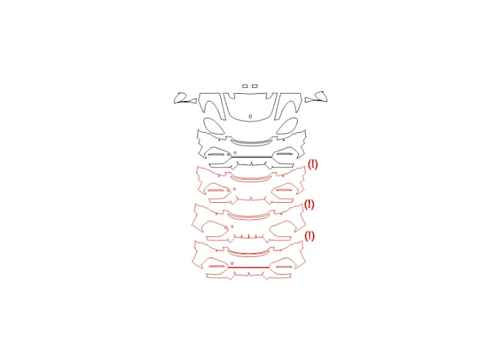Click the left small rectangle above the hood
pos(245,86)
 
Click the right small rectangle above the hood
pos(254,86)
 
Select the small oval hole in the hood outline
pos(250,116)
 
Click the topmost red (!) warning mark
pos(312,164)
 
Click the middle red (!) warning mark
pos(309,204)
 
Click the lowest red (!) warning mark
pos(309,236)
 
